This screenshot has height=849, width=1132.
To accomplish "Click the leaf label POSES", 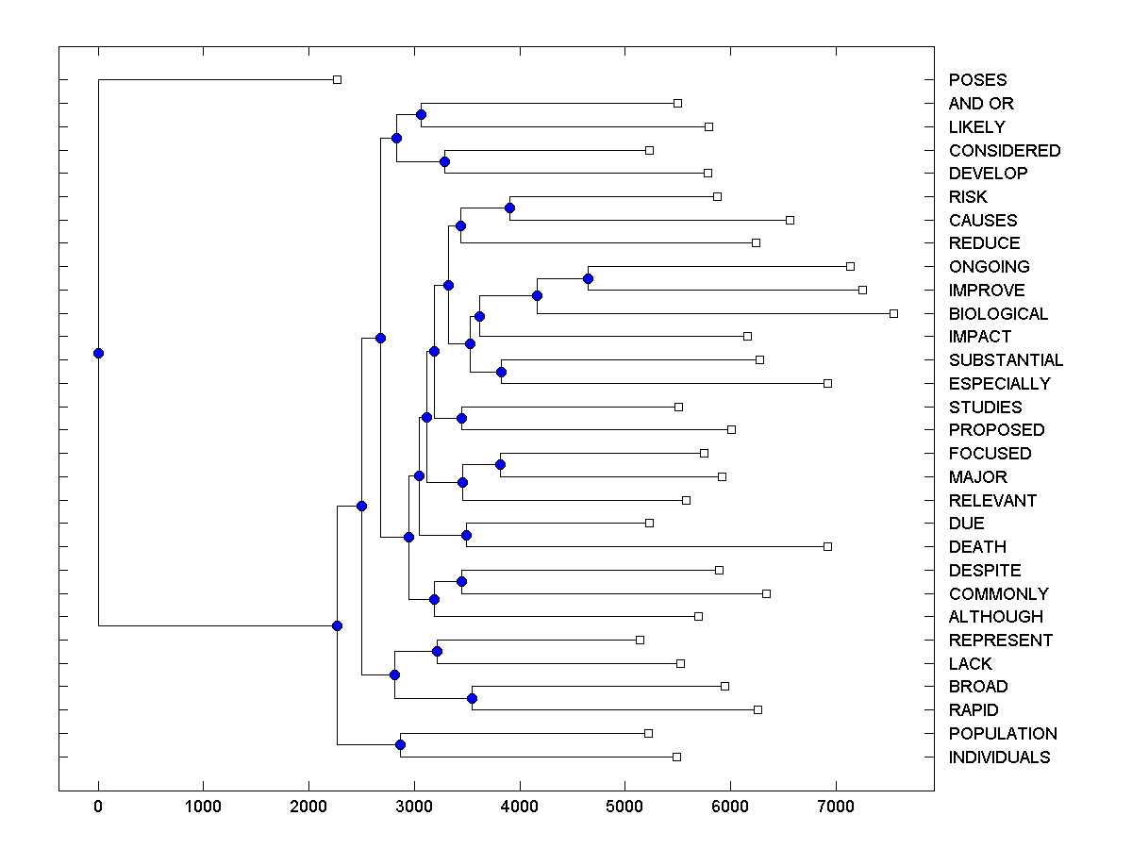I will pyautogui.click(x=977, y=80).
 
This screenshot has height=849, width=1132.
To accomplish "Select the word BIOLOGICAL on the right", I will pyautogui.click(x=998, y=314).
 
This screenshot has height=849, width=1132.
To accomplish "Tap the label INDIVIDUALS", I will pyautogui.click(x=999, y=757).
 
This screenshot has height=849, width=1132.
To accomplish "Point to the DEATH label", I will pyautogui.click(x=977, y=547).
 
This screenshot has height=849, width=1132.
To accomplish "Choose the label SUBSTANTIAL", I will pyautogui.click(x=1006, y=360).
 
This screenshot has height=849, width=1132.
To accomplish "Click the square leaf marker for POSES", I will pyautogui.click(x=337, y=80).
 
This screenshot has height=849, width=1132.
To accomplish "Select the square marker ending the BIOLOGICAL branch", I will pyautogui.click(x=893, y=313).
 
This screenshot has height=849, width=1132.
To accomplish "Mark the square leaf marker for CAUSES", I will pyautogui.click(x=790, y=220).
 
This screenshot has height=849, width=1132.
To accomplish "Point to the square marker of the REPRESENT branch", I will pyautogui.click(x=640, y=640).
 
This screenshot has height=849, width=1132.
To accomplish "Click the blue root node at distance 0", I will pyautogui.click(x=98, y=354).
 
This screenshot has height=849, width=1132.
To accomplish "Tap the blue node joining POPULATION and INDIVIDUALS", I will pyautogui.click(x=400, y=745).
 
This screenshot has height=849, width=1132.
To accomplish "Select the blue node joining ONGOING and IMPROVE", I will pyautogui.click(x=588, y=278).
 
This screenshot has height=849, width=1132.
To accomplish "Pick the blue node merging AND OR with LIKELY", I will pyautogui.click(x=421, y=115).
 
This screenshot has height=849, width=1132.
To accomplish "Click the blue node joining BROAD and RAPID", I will pyautogui.click(x=472, y=698).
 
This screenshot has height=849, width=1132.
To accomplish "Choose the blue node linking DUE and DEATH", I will pyautogui.click(x=466, y=535).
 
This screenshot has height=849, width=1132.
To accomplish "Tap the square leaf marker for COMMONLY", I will pyautogui.click(x=766, y=593).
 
